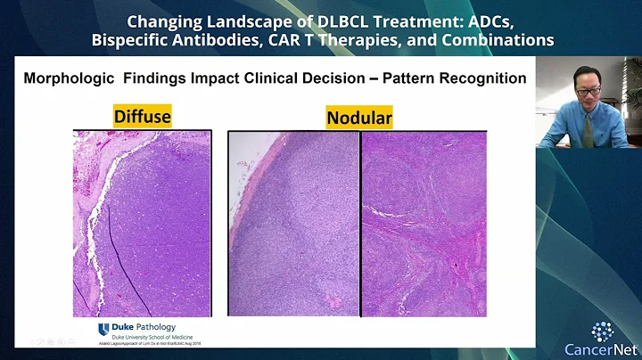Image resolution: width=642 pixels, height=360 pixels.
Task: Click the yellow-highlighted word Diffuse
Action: click(143, 116)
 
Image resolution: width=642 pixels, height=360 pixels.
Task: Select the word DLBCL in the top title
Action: click(299, 20)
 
